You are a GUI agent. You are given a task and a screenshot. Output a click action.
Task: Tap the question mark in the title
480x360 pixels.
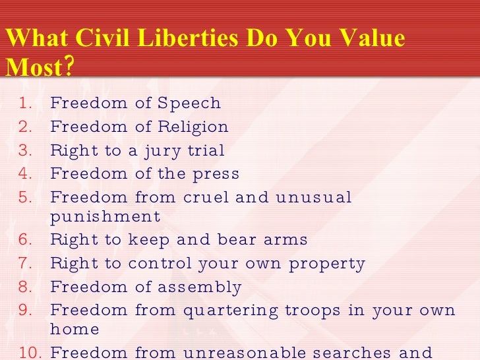69,66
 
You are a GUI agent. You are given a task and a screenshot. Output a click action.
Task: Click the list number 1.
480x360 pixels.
25,104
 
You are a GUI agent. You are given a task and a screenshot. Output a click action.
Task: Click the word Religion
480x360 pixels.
196,127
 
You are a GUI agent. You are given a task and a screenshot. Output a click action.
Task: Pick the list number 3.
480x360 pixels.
25,150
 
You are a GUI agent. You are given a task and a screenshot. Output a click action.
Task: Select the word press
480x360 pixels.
216,174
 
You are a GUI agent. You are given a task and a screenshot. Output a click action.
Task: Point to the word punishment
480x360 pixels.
105,216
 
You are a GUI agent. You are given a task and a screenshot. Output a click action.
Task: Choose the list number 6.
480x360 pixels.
25,240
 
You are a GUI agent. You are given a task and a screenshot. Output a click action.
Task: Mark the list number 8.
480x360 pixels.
25,287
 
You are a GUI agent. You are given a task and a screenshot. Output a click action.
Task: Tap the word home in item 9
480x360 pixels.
75,330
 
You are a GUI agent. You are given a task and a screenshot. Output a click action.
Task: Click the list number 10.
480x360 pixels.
29,352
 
